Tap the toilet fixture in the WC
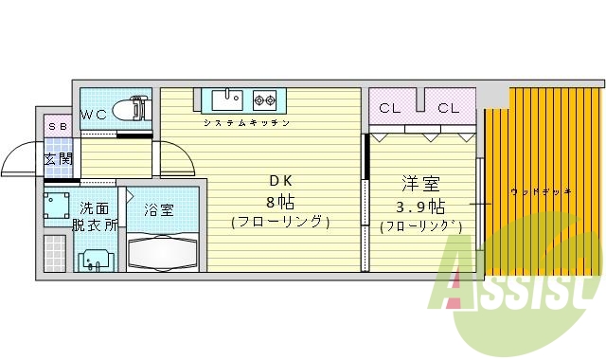click(x=132, y=110)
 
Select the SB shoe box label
click(x=57, y=126)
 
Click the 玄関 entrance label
click(x=58, y=158)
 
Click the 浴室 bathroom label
click(x=158, y=209)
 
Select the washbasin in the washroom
click(x=95, y=259)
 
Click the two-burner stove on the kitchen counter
click(x=263, y=99)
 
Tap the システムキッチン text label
click(x=246, y=124)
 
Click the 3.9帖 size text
click(x=419, y=207)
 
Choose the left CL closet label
click(x=389, y=108)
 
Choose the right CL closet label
click(x=448, y=108)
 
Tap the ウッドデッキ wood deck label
click(x=541, y=192)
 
